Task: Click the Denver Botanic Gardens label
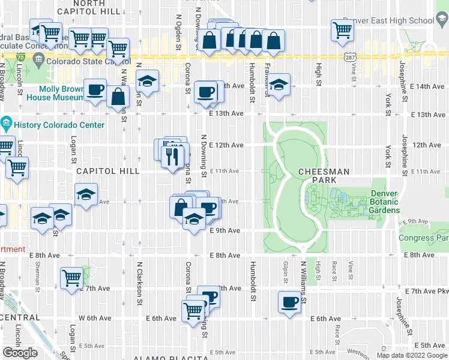tap(384, 202)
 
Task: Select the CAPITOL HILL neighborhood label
tap(107, 171)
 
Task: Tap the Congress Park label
tap(423, 238)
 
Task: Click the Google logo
tap(20, 353)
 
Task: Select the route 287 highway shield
tap(348, 56)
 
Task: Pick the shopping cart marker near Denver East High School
tap(342, 29)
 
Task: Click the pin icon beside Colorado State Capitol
tap(38, 59)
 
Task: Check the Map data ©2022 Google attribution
tap(411, 355)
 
